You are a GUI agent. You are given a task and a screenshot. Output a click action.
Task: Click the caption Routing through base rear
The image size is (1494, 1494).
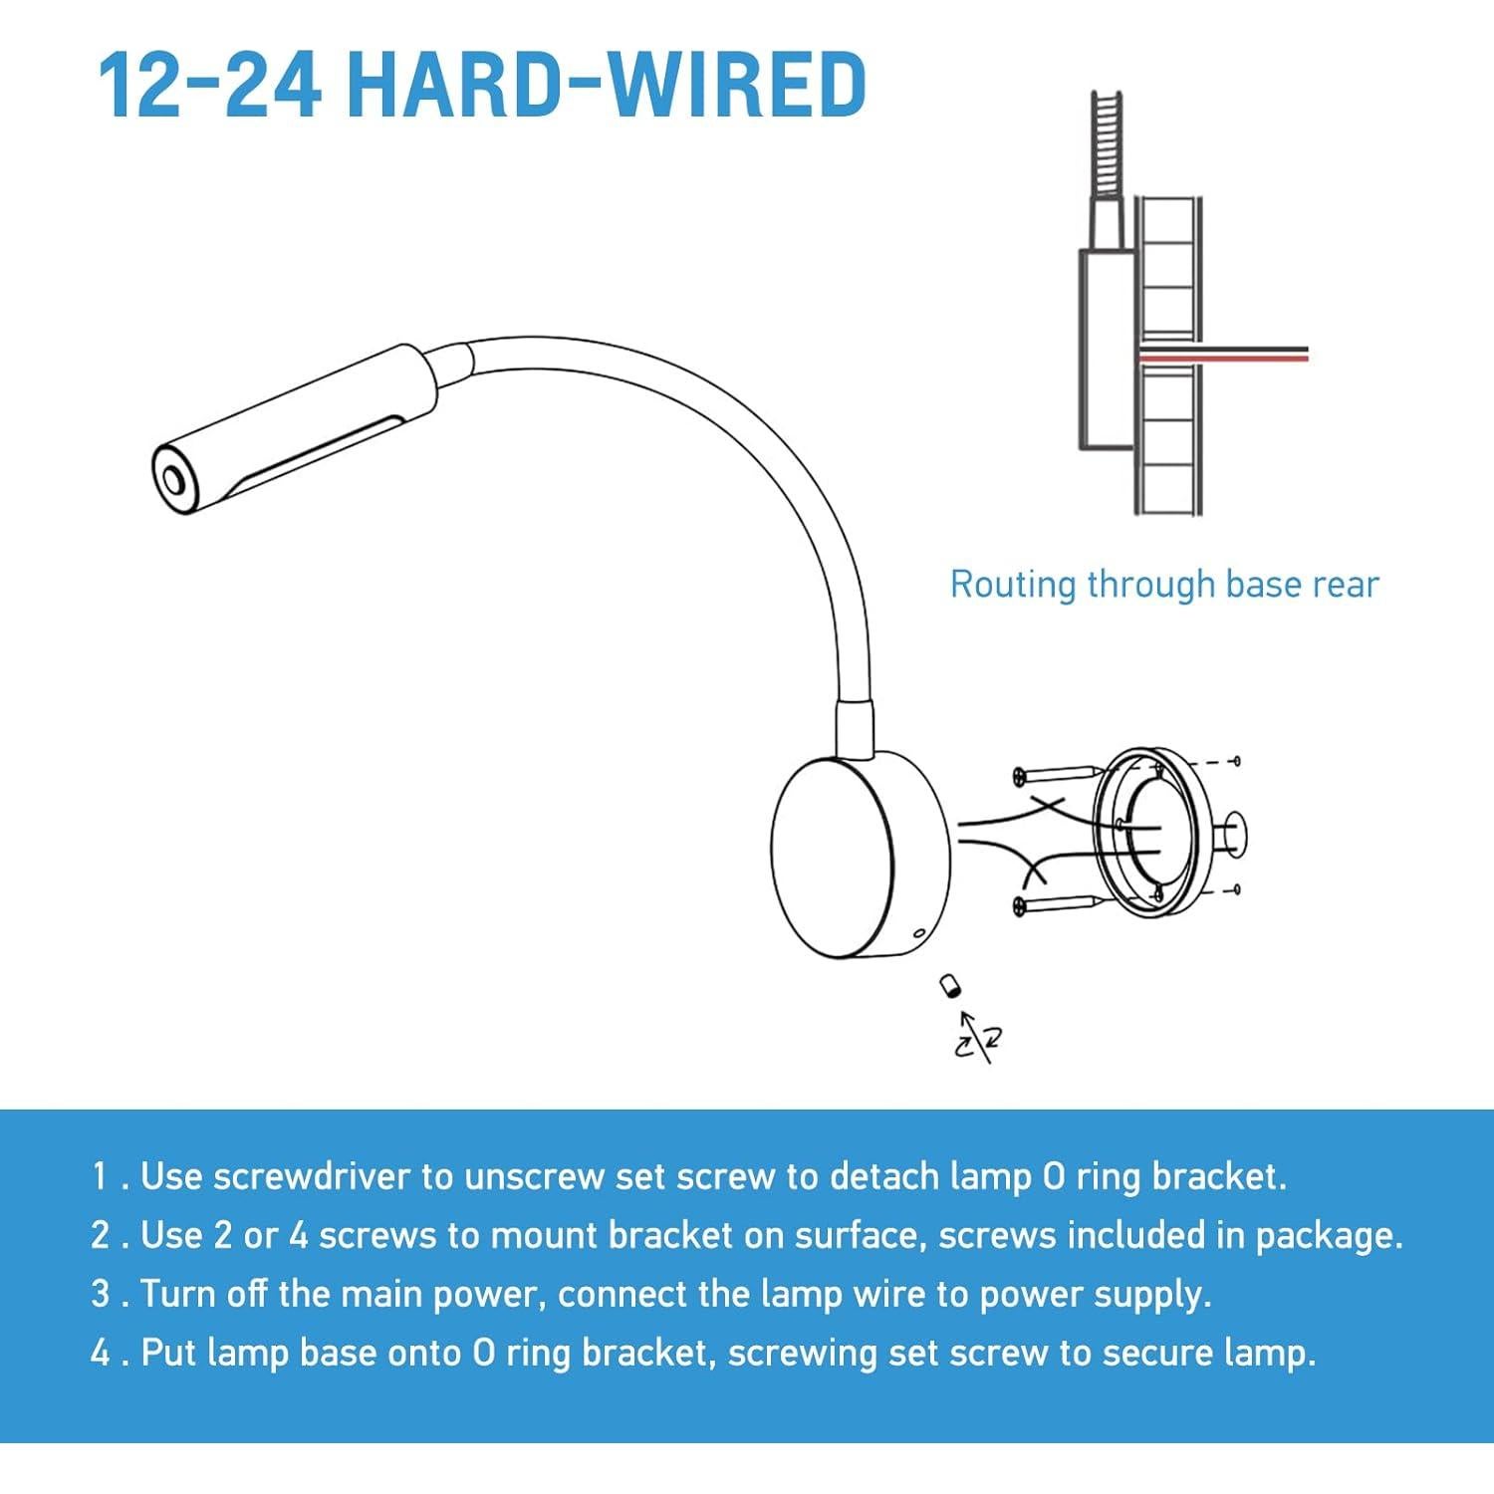(1163, 584)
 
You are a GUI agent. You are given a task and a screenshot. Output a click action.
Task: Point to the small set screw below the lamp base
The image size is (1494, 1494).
(950, 986)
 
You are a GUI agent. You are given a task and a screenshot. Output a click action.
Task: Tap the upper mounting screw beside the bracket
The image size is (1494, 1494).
(1056, 774)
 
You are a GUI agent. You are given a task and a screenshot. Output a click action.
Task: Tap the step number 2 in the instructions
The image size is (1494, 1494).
(101, 1235)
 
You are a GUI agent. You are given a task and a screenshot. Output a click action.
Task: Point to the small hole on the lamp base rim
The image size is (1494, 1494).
(917, 934)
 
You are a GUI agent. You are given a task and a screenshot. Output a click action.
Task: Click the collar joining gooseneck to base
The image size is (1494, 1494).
(855, 727)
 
